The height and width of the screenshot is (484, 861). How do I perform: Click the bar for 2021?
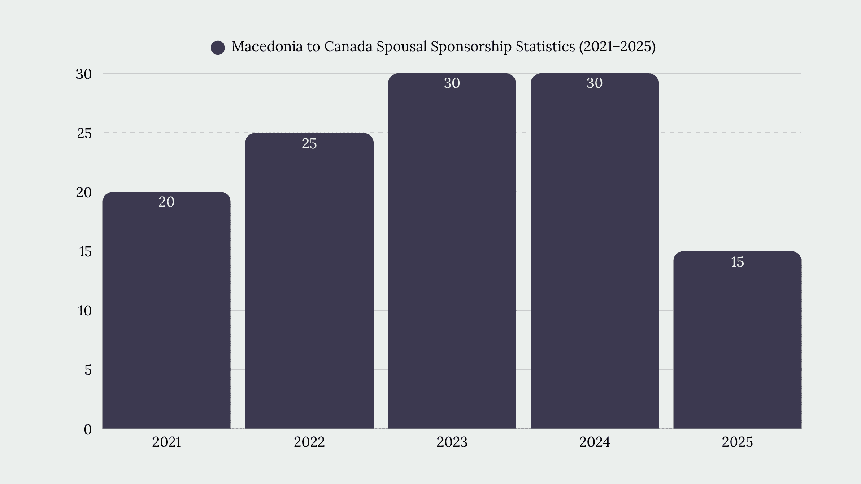166,310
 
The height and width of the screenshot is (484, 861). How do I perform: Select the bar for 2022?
309,281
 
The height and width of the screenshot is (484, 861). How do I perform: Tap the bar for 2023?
452,251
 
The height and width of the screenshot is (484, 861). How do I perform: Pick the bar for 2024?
595,251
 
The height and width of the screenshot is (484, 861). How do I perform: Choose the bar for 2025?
737,340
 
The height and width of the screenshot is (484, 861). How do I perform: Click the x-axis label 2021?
166,442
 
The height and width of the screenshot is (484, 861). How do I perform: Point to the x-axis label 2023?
452,442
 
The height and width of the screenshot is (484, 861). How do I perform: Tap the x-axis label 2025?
737,442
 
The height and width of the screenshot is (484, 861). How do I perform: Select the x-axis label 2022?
309,442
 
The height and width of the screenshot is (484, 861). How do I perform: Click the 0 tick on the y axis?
87,429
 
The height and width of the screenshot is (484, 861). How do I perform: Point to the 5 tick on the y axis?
88,370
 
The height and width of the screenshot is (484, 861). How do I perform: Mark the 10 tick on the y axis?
85,311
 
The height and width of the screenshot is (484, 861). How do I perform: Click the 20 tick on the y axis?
84,192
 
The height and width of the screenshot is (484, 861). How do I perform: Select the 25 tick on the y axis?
84,133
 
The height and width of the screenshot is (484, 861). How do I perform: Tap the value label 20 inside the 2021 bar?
166,202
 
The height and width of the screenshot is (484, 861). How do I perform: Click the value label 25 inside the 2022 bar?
309,143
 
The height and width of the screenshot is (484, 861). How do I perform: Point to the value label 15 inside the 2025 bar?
737,262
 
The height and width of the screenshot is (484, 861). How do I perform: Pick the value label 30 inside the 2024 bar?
595,83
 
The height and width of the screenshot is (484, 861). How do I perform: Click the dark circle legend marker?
218,48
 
